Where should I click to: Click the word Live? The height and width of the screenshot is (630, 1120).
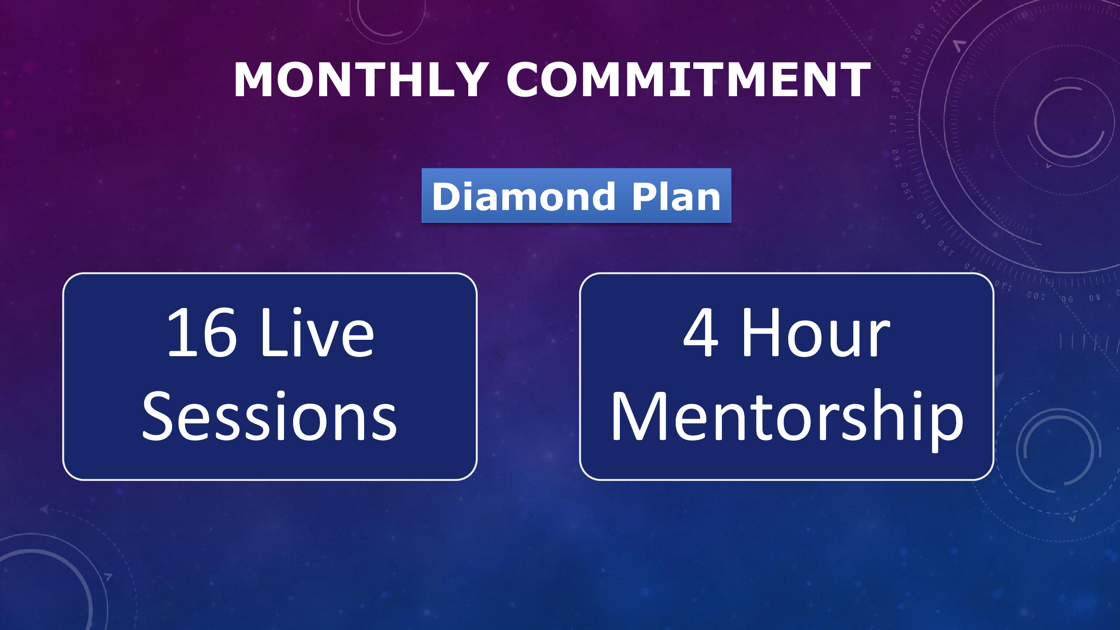pyautogui.click(x=317, y=331)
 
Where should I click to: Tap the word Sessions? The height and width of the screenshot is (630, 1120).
pyautogui.click(x=270, y=416)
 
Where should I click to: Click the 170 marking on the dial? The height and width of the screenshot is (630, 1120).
pyautogui.click(x=893, y=124)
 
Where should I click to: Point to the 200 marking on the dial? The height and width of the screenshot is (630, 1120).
pyautogui.click(x=918, y=32)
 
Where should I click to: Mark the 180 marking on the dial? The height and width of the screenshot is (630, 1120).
pyautogui.click(x=896, y=89)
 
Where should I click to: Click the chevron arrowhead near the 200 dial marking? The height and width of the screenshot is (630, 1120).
pyautogui.click(x=959, y=45)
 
